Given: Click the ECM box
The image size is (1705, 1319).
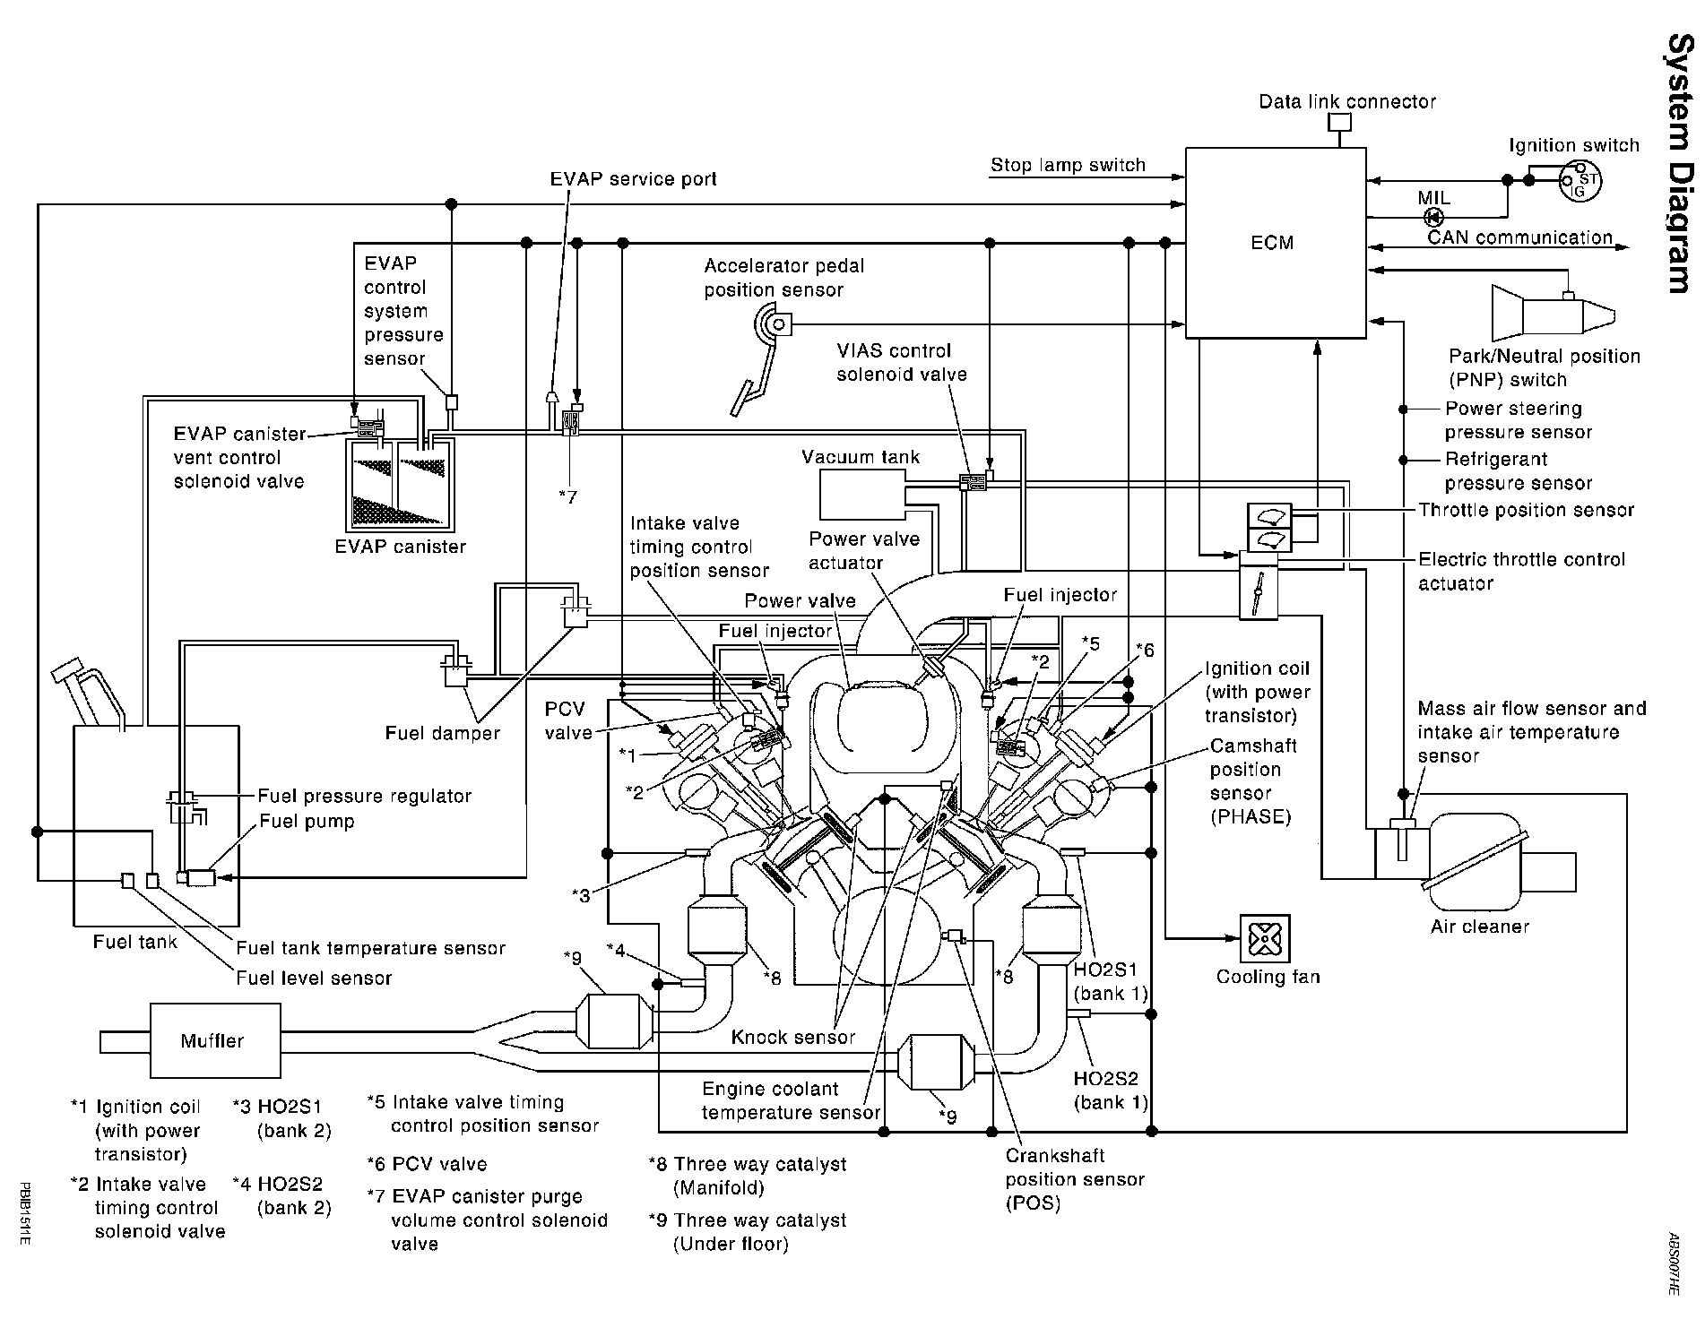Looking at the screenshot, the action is (x=1276, y=243).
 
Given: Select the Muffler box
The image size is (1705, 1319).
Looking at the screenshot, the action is (x=212, y=1040).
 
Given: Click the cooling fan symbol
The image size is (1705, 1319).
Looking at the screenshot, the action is (x=1264, y=939).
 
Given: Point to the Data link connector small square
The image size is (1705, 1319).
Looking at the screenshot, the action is (x=1339, y=123).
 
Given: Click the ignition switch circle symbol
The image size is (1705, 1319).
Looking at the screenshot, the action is (x=1580, y=180).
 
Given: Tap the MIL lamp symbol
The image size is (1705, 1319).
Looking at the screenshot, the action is (x=1433, y=217).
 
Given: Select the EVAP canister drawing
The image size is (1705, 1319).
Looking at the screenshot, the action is (x=400, y=484).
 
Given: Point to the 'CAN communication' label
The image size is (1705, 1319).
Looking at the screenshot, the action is (x=1519, y=237).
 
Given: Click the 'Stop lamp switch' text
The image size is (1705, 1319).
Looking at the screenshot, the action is (x=1068, y=165).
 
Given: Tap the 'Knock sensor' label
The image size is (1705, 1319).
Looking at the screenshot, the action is (x=793, y=1038).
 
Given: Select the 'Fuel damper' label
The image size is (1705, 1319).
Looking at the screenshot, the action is (x=443, y=733).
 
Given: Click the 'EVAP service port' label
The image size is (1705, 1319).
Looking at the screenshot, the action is (x=634, y=179).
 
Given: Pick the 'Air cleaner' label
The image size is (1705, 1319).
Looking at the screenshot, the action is (x=1480, y=927).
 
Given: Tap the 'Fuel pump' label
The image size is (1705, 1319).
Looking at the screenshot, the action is (x=307, y=822).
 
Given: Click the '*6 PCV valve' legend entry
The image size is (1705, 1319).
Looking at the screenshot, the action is (x=428, y=1164).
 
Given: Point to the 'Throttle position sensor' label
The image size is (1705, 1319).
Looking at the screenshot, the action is (x=1527, y=510).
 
